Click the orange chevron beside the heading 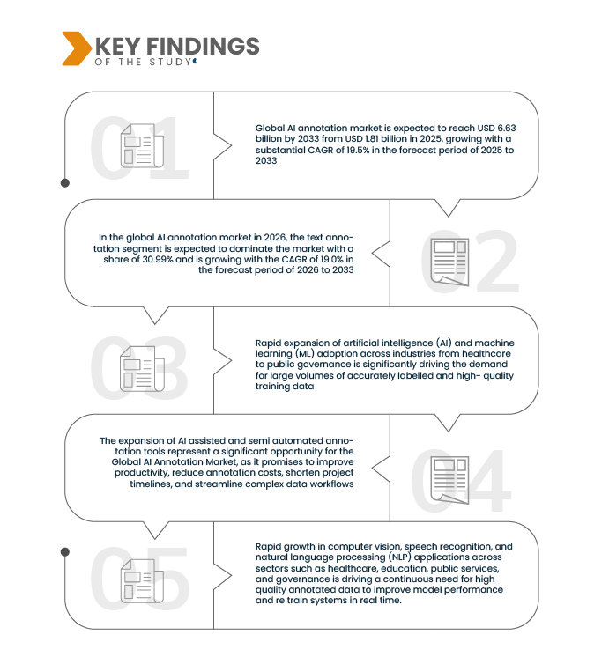tap(77, 48)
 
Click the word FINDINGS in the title tap(203, 46)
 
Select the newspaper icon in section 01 tap(142, 145)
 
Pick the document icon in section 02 tap(449, 262)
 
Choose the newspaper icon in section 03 tap(142, 369)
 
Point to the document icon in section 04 tap(449, 480)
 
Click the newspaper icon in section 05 tap(142, 581)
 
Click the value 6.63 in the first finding tap(507, 129)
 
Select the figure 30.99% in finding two tap(158, 259)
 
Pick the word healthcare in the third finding tap(486, 354)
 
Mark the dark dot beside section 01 tap(65, 182)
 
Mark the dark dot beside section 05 tap(65, 552)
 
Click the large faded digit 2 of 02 tap(498, 262)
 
